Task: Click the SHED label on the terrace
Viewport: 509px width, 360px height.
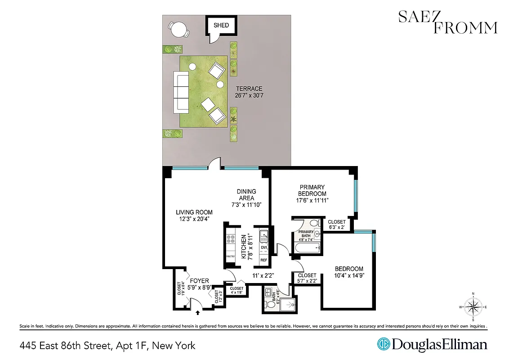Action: (221, 25)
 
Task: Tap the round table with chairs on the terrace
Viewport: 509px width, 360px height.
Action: (179, 30)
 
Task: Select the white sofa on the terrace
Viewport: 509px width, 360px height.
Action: (181, 92)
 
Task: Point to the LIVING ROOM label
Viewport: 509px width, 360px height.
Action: (194, 212)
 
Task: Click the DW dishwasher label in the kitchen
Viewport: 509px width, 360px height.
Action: (264, 247)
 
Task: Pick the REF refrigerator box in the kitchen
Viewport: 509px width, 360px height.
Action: (263, 260)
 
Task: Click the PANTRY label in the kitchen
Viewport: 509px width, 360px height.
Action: (230, 256)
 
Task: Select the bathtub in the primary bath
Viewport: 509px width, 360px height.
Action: (307, 248)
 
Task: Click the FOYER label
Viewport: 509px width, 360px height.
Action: (199, 281)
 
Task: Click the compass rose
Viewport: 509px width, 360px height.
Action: (473, 307)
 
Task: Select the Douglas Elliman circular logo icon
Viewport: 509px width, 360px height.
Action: (383, 344)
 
